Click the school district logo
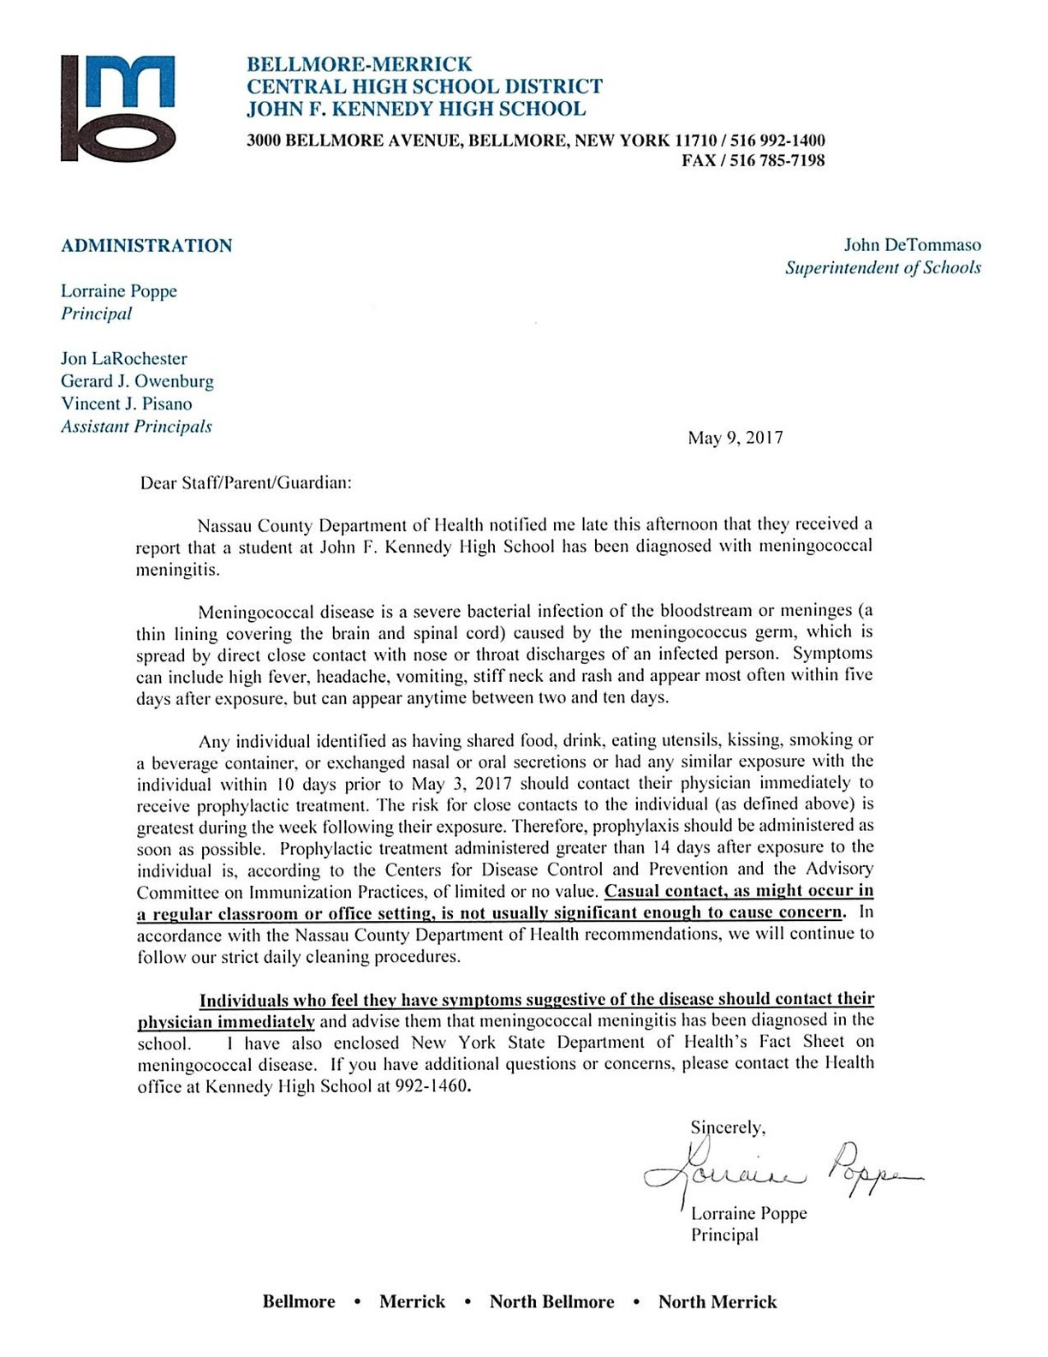pyautogui.click(x=118, y=109)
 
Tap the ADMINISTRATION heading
pyautogui.click(x=146, y=246)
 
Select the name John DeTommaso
pyautogui.click(x=913, y=245)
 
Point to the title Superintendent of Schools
pyautogui.click(x=883, y=267)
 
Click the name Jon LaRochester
pyautogui.click(x=123, y=359)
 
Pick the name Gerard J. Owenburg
pyautogui.click(x=137, y=381)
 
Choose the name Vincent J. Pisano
pyautogui.click(x=126, y=404)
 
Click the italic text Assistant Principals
pyautogui.click(x=136, y=427)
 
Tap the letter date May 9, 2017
pyautogui.click(x=735, y=438)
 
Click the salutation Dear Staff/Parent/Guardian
pyautogui.click(x=246, y=482)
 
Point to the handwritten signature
pyautogui.click(x=779, y=1169)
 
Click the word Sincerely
pyautogui.click(x=728, y=1127)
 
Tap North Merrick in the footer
pyautogui.click(x=718, y=1302)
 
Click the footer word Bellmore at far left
pyautogui.click(x=299, y=1302)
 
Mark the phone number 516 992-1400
pyautogui.click(x=778, y=140)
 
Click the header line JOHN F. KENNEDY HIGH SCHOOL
pyautogui.click(x=416, y=109)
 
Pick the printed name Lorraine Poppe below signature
pyautogui.click(x=749, y=1213)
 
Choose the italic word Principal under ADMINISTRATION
pyautogui.click(x=97, y=314)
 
